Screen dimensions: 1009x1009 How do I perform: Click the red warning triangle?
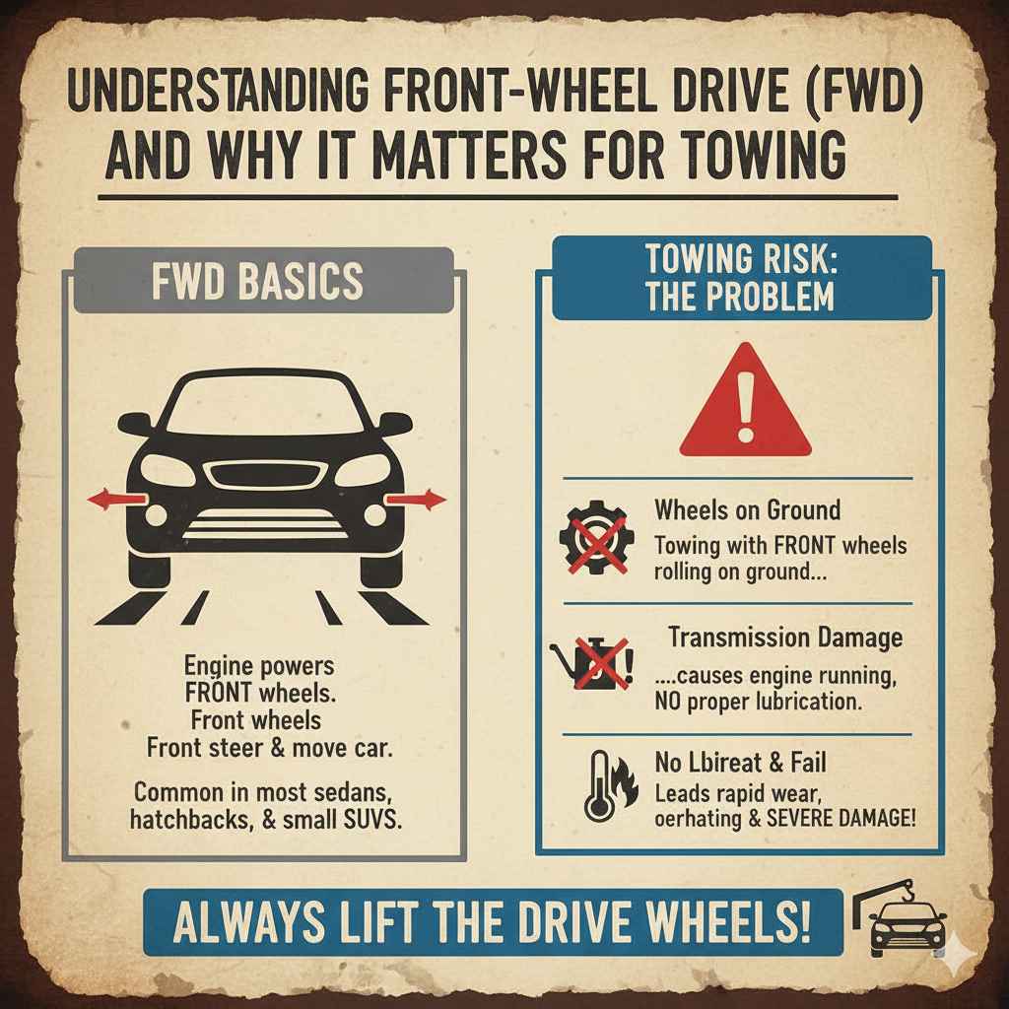point(746,406)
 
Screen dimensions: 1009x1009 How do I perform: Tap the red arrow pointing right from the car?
point(415,501)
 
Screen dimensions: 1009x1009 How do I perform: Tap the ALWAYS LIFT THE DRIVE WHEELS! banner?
point(493,920)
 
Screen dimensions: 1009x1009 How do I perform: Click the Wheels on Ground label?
point(747,509)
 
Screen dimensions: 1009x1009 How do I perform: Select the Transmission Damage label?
point(784,638)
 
